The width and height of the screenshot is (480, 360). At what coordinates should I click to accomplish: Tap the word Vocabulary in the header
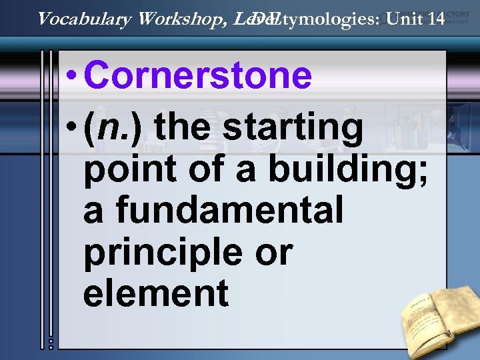click(85, 19)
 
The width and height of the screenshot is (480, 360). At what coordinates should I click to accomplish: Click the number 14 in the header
click(435, 19)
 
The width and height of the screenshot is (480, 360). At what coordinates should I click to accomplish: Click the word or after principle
click(273, 251)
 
